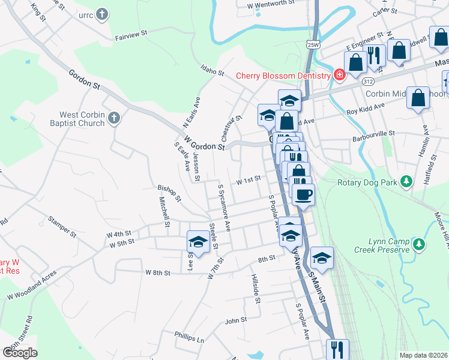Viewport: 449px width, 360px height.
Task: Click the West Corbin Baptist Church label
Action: [82, 119]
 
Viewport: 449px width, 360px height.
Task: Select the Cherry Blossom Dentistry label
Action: [283, 76]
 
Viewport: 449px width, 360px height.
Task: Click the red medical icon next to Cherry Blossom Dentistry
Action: [339, 75]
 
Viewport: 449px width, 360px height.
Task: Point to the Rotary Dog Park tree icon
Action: [406, 181]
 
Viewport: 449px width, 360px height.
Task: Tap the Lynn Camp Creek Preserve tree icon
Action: [419, 244]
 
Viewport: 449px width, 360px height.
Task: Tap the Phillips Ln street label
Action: [190, 338]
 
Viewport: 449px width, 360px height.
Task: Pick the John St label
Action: [236, 320]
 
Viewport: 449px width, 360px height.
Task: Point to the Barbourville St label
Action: [376, 133]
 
